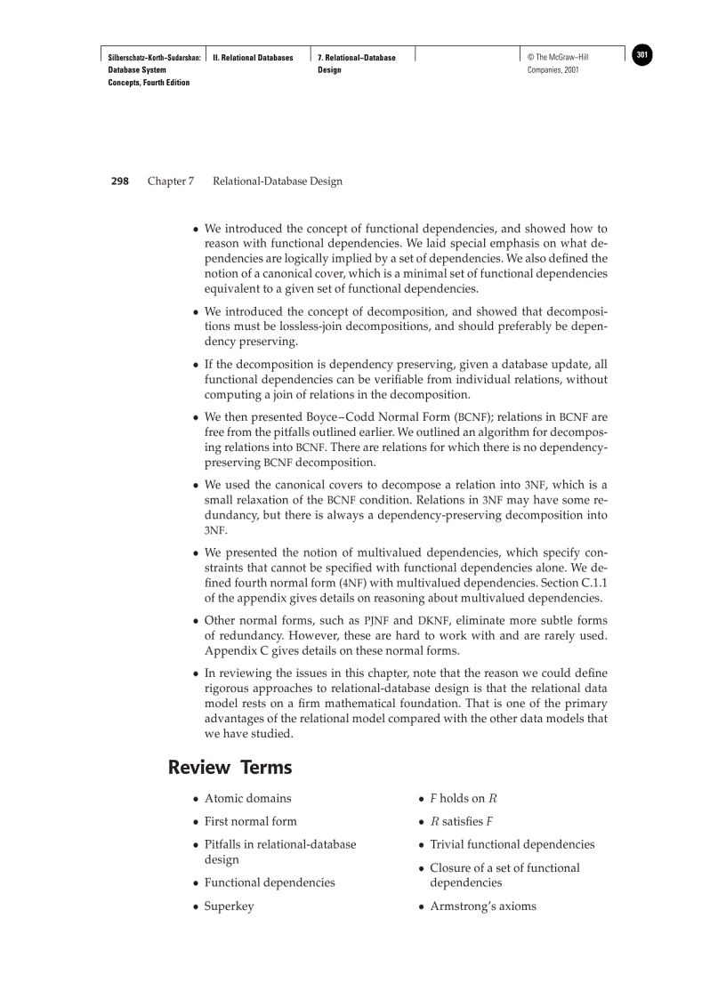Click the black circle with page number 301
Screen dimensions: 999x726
point(642,55)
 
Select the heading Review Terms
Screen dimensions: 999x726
point(230,767)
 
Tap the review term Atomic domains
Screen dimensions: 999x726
point(247,798)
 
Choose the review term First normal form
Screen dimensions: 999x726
point(251,821)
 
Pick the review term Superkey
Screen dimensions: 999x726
point(229,906)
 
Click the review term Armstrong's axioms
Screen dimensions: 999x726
point(483,906)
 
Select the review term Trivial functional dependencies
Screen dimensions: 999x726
point(512,844)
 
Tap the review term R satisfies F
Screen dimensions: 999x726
point(462,821)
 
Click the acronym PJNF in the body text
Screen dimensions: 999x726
point(377,620)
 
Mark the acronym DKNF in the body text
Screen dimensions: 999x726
point(433,620)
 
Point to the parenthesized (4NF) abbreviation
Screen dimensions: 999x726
point(351,584)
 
